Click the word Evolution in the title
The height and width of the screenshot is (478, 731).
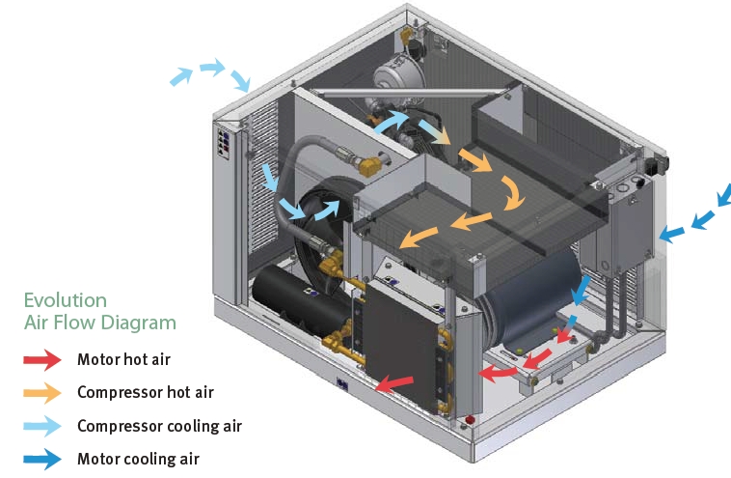click(66, 300)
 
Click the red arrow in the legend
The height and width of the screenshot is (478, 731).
click(42, 360)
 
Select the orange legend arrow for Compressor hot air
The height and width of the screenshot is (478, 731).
click(42, 393)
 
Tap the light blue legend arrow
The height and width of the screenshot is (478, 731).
click(42, 426)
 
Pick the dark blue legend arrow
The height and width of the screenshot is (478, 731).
click(42, 459)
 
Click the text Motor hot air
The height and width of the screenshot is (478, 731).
click(123, 359)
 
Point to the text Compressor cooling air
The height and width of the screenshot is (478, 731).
click(159, 426)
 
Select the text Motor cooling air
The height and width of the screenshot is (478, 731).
click(138, 459)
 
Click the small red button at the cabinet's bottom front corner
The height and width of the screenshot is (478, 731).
click(470, 419)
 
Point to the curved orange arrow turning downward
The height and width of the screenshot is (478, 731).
click(513, 193)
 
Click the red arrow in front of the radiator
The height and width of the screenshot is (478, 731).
click(393, 384)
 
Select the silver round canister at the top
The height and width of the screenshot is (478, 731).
click(398, 74)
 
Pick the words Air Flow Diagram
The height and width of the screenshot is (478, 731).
click(100, 323)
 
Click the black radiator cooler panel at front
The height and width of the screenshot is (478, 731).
click(401, 346)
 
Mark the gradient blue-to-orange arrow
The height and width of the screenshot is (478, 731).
click(434, 132)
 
